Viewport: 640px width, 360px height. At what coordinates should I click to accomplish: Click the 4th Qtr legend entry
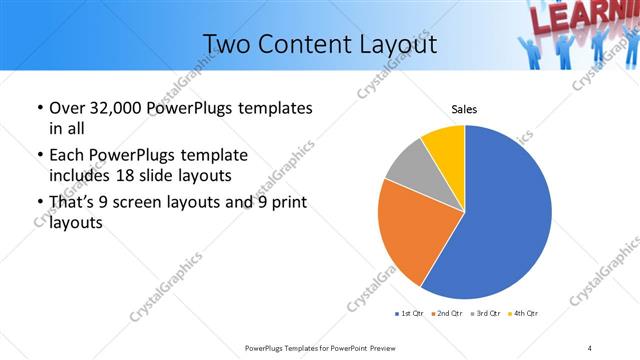(524, 314)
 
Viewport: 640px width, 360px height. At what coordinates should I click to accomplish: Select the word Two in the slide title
(226, 44)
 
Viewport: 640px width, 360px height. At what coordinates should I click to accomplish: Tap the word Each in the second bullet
(66, 156)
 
